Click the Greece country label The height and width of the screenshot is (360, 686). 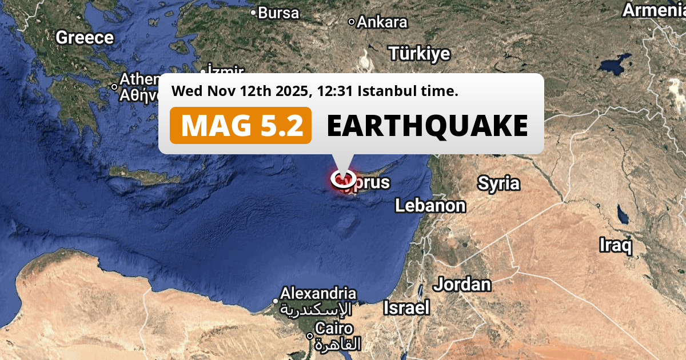click(85, 38)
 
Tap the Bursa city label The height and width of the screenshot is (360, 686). click(278, 13)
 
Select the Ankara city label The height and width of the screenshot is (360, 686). click(382, 22)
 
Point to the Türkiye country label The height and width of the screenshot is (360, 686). click(420, 54)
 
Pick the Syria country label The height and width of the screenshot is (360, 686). click(498, 183)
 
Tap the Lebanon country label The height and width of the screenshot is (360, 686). click(430, 206)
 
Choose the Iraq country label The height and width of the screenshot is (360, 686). click(616, 246)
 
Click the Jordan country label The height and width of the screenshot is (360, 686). click(462, 284)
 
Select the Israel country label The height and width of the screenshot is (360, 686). click(406, 308)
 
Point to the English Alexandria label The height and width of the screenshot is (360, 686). click(318, 294)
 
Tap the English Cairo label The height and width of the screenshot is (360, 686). click(334, 329)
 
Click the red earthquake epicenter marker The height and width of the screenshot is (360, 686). click(342, 178)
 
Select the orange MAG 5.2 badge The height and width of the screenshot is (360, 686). click(241, 125)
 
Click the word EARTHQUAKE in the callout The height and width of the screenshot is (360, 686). click(427, 125)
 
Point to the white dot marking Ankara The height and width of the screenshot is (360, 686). click(352, 22)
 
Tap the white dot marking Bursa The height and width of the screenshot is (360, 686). click(254, 12)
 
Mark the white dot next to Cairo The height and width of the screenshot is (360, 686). click(310, 336)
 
